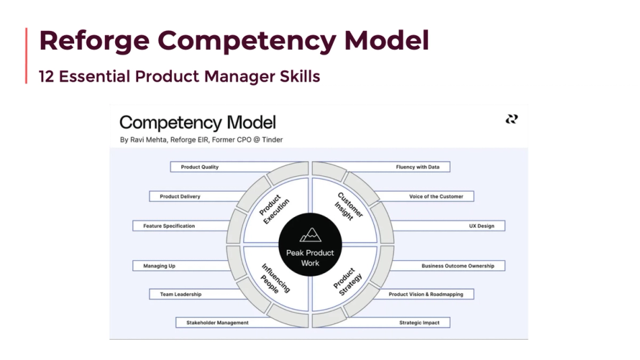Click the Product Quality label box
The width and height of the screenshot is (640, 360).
[200, 167]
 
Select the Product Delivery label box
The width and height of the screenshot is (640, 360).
[180, 196]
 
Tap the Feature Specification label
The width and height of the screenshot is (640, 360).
[168, 226]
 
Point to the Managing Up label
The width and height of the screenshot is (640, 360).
[160, 266]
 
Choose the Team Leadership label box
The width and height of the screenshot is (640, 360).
[181, 294]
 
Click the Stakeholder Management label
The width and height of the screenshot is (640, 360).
[217, 323]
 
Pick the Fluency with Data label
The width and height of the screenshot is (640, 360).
[418, 167]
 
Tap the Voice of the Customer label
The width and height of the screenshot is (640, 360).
[436, 196]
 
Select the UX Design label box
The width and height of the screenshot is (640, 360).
[481, 226]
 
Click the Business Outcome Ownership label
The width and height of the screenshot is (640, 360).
[457, 266]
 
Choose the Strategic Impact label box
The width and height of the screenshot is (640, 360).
[419, 323]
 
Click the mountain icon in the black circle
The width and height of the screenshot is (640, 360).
[311, 235]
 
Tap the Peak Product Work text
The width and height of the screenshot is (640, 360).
[311, 258]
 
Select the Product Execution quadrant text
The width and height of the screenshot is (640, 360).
[274, 209]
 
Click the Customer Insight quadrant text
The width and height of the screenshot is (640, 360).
[348, 206]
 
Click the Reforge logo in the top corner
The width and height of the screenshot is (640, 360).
[512, 119]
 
